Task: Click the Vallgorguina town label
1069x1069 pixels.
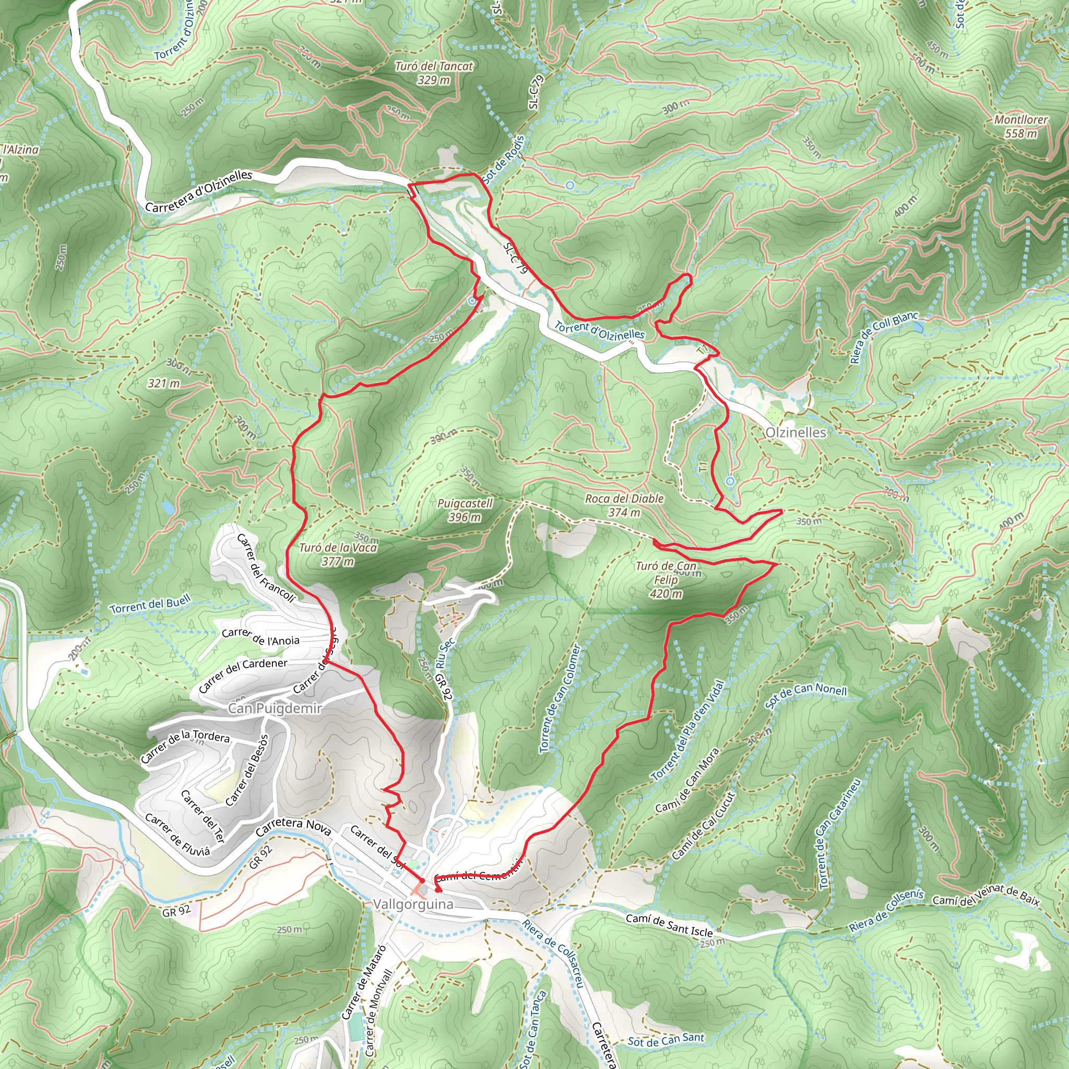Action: coord(413,904)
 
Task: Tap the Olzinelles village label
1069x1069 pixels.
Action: coord(795,433)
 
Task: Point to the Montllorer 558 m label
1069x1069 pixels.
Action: coord(1021,126)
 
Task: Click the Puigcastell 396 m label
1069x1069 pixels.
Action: coord(465,510)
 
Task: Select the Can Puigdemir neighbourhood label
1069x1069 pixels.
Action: coord(275,709)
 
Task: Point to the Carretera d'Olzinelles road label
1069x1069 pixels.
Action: coord(199,192)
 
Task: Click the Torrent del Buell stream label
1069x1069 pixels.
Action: coord(150,604)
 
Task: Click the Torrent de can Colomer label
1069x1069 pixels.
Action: coord(561,698)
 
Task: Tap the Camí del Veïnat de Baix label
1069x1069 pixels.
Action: coord(986,898)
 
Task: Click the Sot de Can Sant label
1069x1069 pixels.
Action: coord(666,1040)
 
